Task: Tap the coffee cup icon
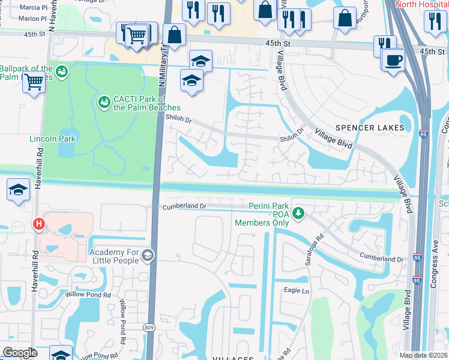[393, 60]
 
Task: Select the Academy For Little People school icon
[147, 256]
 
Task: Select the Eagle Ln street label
[296, 290]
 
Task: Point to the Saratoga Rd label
[320, 245]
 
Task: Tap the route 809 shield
[149, 327]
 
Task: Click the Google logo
[19, 353]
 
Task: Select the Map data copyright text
[424, 355]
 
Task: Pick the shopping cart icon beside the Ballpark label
[34, 82]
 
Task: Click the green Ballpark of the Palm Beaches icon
[61, 73]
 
